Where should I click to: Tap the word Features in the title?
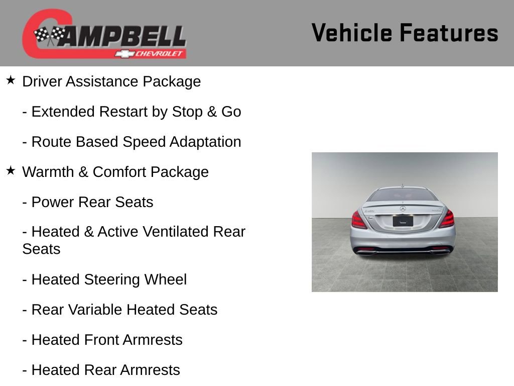(x=449, y=33)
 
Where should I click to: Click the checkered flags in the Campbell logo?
(x=49, y=35)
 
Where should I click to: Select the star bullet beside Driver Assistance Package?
(x=11, y=80)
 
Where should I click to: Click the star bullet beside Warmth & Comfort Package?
(x=11, y=171)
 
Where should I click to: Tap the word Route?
(x=52, y=142)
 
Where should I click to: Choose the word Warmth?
(x=48, y=172)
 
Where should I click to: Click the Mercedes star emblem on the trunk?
(x=403, y=209)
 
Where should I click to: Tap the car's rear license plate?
(x=403, y=220)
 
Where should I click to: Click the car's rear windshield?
(x=403, y=195)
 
